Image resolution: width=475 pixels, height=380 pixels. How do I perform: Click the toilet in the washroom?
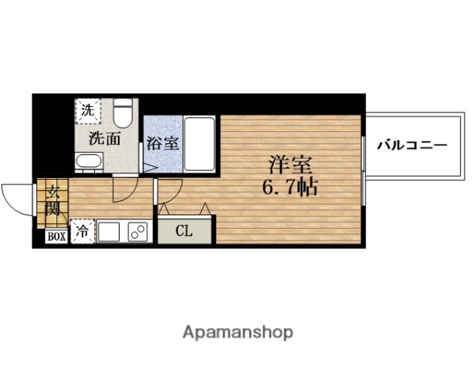coord(122,116)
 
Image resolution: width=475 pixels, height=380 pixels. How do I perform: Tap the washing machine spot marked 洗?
coord(87,111)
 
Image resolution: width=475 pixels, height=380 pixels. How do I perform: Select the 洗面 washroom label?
coord(104,139)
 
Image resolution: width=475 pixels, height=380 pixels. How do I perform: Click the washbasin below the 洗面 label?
coord(88,163)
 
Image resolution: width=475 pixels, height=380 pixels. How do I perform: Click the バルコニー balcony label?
coord(412,146)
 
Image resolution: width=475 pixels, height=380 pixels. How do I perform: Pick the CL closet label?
coord(184,231)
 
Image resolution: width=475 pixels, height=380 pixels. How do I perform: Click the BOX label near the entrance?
coord(55,236)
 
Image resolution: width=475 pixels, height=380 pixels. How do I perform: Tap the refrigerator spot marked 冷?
coord(82,232)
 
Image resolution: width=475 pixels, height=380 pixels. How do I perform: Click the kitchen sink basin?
coord(108,232)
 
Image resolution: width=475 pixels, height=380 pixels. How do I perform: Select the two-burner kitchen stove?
coord(137,232)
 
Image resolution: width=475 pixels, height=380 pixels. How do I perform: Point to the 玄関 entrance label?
coord(52,200)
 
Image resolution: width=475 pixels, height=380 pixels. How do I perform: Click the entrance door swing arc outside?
coord(16,193)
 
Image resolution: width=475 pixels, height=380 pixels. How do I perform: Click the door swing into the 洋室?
coord(169,190)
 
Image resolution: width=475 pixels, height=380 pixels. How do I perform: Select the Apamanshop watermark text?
coord(237,332)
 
